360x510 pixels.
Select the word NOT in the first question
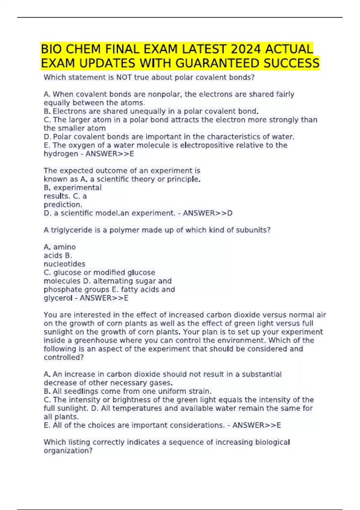[124, 77]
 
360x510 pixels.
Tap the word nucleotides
[64, 264]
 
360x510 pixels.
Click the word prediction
[63, 205]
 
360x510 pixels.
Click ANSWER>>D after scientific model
[208, 213]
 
